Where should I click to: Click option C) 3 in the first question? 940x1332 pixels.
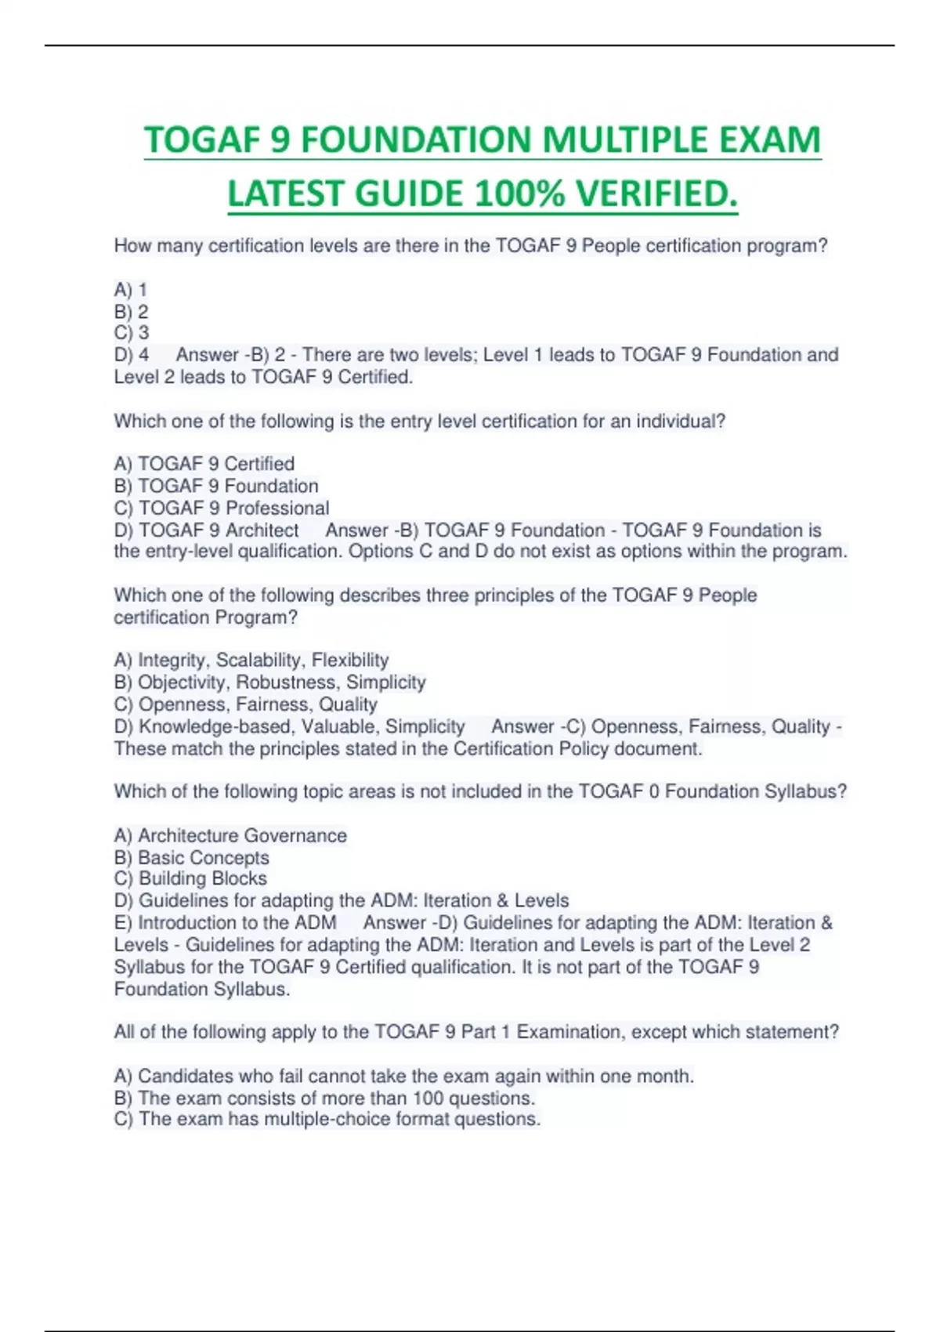[132, 333]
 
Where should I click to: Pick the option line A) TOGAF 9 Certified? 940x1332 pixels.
[204, 464]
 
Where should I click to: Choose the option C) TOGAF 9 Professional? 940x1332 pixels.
[222, 508]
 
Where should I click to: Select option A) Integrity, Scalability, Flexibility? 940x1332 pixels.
[251, 661]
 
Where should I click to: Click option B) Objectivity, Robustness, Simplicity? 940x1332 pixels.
[269, 682]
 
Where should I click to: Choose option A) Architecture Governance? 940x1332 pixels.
[230, 836]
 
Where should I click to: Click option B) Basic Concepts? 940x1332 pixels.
[191, 858]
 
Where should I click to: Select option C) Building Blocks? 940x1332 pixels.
[190, 879]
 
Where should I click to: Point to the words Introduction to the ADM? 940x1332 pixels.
[237, 923]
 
